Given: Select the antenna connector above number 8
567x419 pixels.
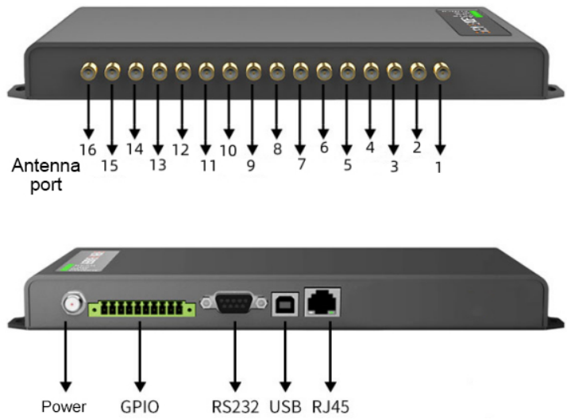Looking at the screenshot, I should pos(276,72).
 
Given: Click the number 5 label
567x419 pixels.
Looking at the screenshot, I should pos(347,165).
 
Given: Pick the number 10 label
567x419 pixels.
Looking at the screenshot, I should pos(229,148).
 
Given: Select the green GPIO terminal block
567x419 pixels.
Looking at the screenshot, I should pos(141,307).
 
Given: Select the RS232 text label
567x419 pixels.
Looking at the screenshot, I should pos(235,406).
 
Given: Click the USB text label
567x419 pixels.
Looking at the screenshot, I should pos(286,406).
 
